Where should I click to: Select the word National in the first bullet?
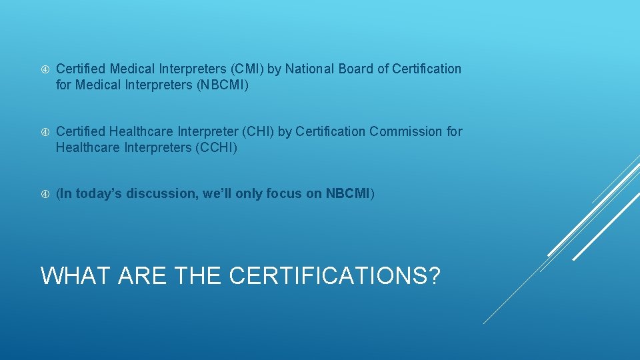[x=311, y=69]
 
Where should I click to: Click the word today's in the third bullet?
[x=99, y=194]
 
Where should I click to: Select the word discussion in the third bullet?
[x=164, y=194]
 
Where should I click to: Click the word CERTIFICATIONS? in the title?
[x=335, y=275]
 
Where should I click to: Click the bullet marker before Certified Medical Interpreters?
[x=45, y=69]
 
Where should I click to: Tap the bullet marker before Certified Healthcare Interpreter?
[x=45, y=132]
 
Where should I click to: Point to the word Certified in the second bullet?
[x=81, y=131]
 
